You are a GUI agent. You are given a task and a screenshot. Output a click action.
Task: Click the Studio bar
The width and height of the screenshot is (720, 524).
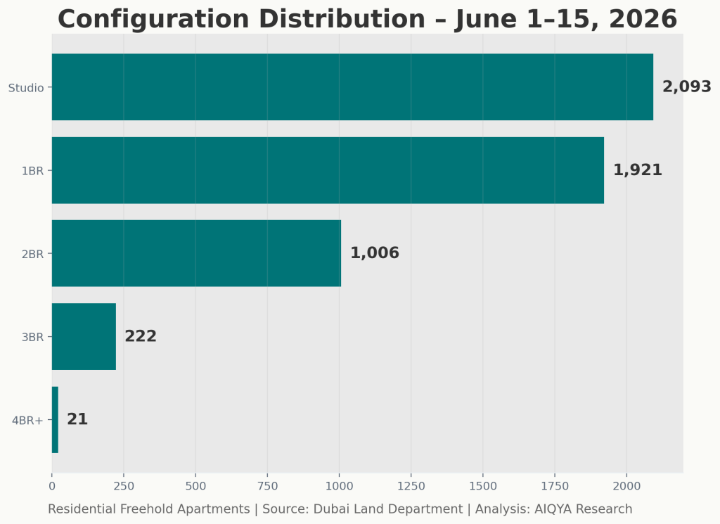pyautogui.click(x=352, y=87)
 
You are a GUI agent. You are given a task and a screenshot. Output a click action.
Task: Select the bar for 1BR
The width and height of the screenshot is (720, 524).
pyautogui.click(x=328, y=170)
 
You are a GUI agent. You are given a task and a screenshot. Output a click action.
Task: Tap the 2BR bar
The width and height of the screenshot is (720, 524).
pyautogui.click(x=197, y=253)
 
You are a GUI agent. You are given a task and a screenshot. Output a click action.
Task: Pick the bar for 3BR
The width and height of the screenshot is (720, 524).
pyautogui.click(x=84, y=337)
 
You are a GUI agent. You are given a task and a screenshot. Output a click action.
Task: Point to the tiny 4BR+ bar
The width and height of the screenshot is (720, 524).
pyautogui.click(x=55, y=420)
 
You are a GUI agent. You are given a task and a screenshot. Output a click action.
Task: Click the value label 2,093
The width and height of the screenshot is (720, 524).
pyautogui.click(x=686, y=87)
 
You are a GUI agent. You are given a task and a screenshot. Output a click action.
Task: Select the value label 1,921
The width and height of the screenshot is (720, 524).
pyautogui.click(x=638, y=170)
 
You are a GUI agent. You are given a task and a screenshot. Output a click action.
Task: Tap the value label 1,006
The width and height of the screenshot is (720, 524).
pyautogui.click(x=375, y=253)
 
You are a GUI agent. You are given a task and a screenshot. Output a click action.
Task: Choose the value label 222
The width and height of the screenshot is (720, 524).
pyautogui.click(x=141, y=336)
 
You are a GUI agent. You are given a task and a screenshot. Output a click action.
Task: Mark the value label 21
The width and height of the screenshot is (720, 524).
pyautogui.click(x=77, y=419)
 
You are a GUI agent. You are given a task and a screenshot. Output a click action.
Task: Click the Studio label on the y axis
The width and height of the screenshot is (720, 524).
pyautogui.click(x=26, y=88)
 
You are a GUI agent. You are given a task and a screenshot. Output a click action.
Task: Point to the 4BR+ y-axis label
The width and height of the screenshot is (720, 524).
pyautogui.click(x=27, y=420)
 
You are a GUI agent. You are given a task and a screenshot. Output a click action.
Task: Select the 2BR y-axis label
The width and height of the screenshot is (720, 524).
pyautogui.click(x=32, y=254)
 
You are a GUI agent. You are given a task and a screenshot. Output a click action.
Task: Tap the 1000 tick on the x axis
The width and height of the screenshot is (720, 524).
pyautogui.click(x=340, y=486)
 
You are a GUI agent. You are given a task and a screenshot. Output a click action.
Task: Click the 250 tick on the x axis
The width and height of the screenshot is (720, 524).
pyautogui.click(x=124, y=486)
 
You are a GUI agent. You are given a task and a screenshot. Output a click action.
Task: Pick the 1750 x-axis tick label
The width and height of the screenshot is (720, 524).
pyautogui.click(x=555, y=486)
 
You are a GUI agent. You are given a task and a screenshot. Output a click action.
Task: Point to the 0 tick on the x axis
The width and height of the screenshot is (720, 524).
pyautogui.click(x=52, y=486)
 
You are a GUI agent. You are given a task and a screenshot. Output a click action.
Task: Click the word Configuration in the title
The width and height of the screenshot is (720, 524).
pyautogui.click(x=153, y=19)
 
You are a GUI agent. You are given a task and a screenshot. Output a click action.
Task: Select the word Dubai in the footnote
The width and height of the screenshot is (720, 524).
pyautogui.click(x=330, y=509)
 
